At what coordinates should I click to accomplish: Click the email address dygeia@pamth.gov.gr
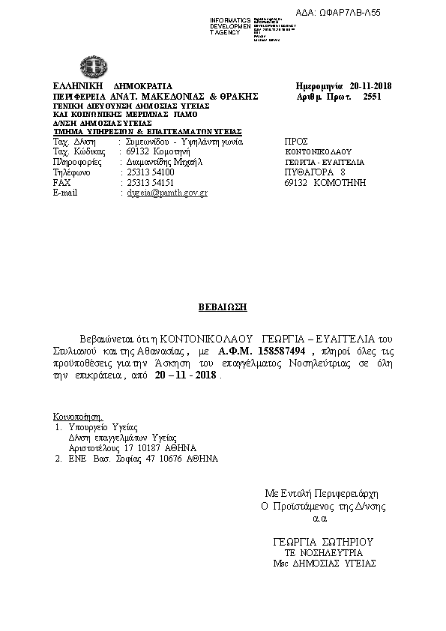coord(164,193)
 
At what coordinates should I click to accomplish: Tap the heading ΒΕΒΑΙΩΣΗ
coord(223,307)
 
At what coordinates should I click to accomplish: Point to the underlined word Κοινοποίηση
coord(77,416)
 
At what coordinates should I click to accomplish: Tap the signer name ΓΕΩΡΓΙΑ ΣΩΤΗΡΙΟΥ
coord(325,541)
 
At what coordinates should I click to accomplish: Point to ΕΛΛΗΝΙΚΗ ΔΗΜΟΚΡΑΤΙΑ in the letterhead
coord(112,85)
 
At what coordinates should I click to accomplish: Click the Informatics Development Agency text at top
coord(230,25)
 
